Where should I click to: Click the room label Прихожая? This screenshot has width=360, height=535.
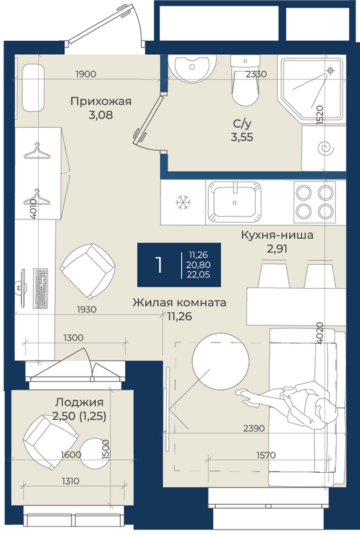101,102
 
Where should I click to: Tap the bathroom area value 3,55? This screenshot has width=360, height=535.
242,137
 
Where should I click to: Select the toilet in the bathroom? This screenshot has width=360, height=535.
245,80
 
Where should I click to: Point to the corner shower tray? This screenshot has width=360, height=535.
311,89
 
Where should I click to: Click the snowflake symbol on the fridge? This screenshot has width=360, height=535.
183,203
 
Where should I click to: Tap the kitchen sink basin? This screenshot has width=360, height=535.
235,202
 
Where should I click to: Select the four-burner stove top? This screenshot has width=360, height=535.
314,202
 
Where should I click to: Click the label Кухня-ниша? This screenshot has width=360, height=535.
277,235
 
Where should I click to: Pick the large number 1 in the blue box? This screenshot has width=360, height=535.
159,265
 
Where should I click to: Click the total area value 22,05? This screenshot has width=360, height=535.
199,274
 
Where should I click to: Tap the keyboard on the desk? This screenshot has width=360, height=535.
41,288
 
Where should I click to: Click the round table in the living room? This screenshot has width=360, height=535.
220,361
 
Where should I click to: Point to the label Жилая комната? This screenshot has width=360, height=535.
179,302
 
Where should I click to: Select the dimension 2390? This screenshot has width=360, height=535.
254,428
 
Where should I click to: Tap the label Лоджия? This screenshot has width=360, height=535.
79,403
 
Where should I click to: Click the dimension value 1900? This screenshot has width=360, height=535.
86,74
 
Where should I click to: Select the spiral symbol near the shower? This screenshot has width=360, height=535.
323,148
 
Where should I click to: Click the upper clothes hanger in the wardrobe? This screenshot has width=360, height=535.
36,151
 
